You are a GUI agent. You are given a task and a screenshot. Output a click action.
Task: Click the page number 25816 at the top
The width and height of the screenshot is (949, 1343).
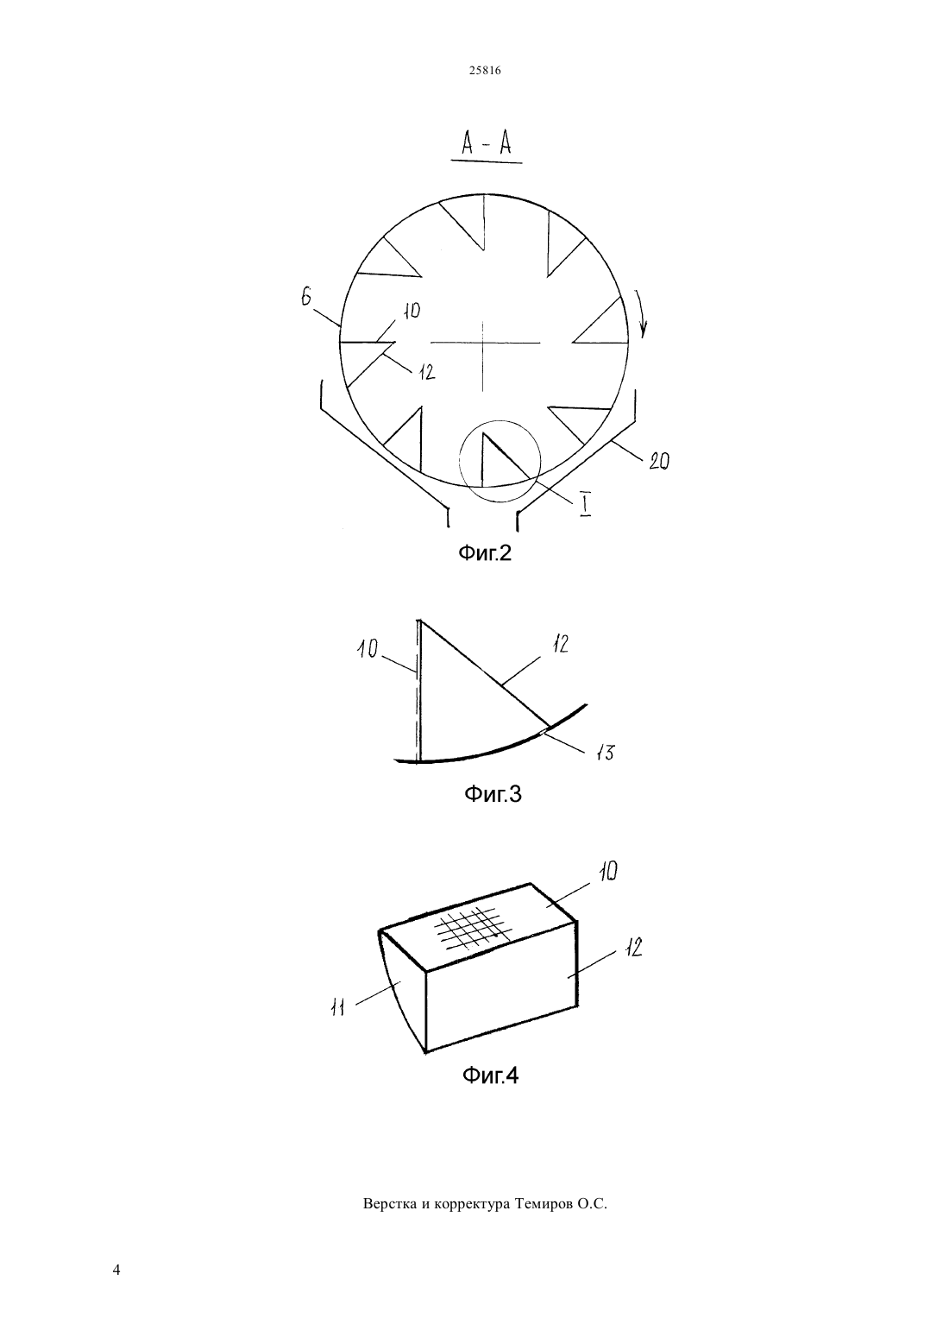coord(485,71)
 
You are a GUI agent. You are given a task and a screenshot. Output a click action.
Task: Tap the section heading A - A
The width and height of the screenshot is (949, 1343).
coord(486,144)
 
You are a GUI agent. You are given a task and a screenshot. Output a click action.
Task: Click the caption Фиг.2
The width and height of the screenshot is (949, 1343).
coord(485,552)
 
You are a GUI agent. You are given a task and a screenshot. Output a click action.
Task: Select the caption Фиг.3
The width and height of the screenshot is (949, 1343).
coord(493,794)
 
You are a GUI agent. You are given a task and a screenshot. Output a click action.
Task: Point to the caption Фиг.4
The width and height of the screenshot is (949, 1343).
coord(490,1075)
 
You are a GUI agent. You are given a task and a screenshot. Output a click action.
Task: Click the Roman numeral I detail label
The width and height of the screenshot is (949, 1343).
coord(585,505)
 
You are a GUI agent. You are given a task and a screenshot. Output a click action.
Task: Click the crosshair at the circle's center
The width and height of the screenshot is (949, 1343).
coord(484,343)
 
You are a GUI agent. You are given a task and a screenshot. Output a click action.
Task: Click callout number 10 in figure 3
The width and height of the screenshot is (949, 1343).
coord(368,648)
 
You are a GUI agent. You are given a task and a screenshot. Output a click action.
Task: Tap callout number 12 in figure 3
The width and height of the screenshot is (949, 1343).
coord(560,644)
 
